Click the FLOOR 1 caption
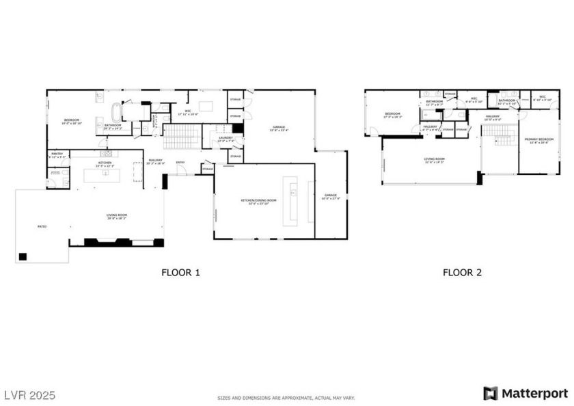(180, 273)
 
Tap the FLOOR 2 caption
(462, 273)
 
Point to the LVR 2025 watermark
(30, 395)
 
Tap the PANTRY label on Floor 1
(57, 154)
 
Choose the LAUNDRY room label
(225, 139)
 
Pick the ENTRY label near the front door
(180, 162)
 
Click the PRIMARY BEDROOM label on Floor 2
(538, 140)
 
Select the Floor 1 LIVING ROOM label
(117, 216)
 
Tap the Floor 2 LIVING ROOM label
(435, 161)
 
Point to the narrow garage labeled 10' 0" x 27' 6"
(331, 196)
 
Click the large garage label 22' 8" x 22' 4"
(279, 128)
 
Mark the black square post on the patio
(23, 256)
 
